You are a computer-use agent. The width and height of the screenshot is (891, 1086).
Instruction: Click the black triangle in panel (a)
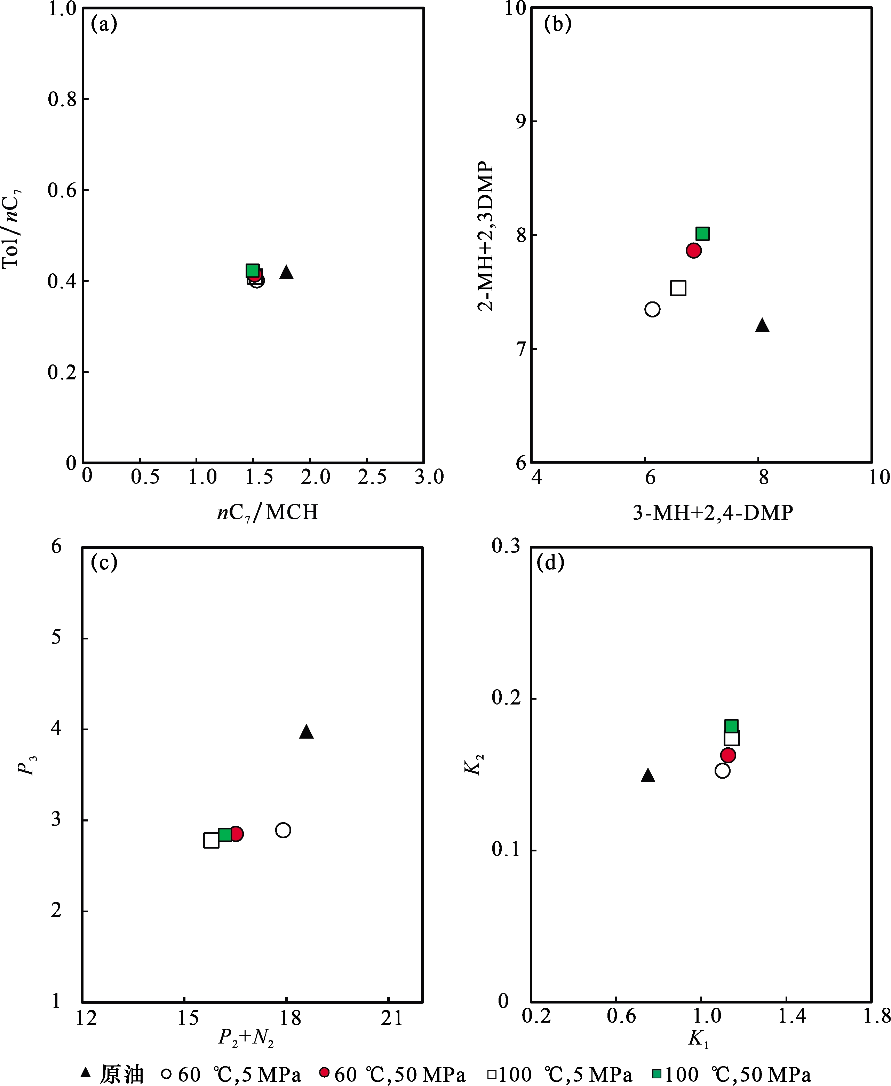tap(286, 273)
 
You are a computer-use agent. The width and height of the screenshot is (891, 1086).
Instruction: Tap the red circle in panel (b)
tap(693, 251)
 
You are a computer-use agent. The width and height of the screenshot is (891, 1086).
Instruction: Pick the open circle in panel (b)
tap(652, 310)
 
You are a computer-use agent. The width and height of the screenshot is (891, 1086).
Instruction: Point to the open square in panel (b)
tap(678, 288)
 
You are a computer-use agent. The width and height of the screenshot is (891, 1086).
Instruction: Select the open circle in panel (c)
tap(283, 830)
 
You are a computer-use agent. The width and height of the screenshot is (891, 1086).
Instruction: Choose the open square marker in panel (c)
tap(211, 841)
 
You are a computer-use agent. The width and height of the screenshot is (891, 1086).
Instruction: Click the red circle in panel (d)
tap(728, 755)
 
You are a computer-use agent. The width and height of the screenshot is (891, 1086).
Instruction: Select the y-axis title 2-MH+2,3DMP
tap(485, 236)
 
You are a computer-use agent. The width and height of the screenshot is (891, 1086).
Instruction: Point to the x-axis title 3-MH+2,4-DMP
tap(713, 512)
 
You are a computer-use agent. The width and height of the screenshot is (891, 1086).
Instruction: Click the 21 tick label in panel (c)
tap(392, 1018)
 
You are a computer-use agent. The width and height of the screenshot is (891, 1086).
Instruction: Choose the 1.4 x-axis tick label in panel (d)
tap(792, 1016)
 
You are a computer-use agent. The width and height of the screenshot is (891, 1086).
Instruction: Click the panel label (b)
tap(558, 24)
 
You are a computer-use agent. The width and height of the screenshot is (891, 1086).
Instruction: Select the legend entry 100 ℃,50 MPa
tap(731, 1074)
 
